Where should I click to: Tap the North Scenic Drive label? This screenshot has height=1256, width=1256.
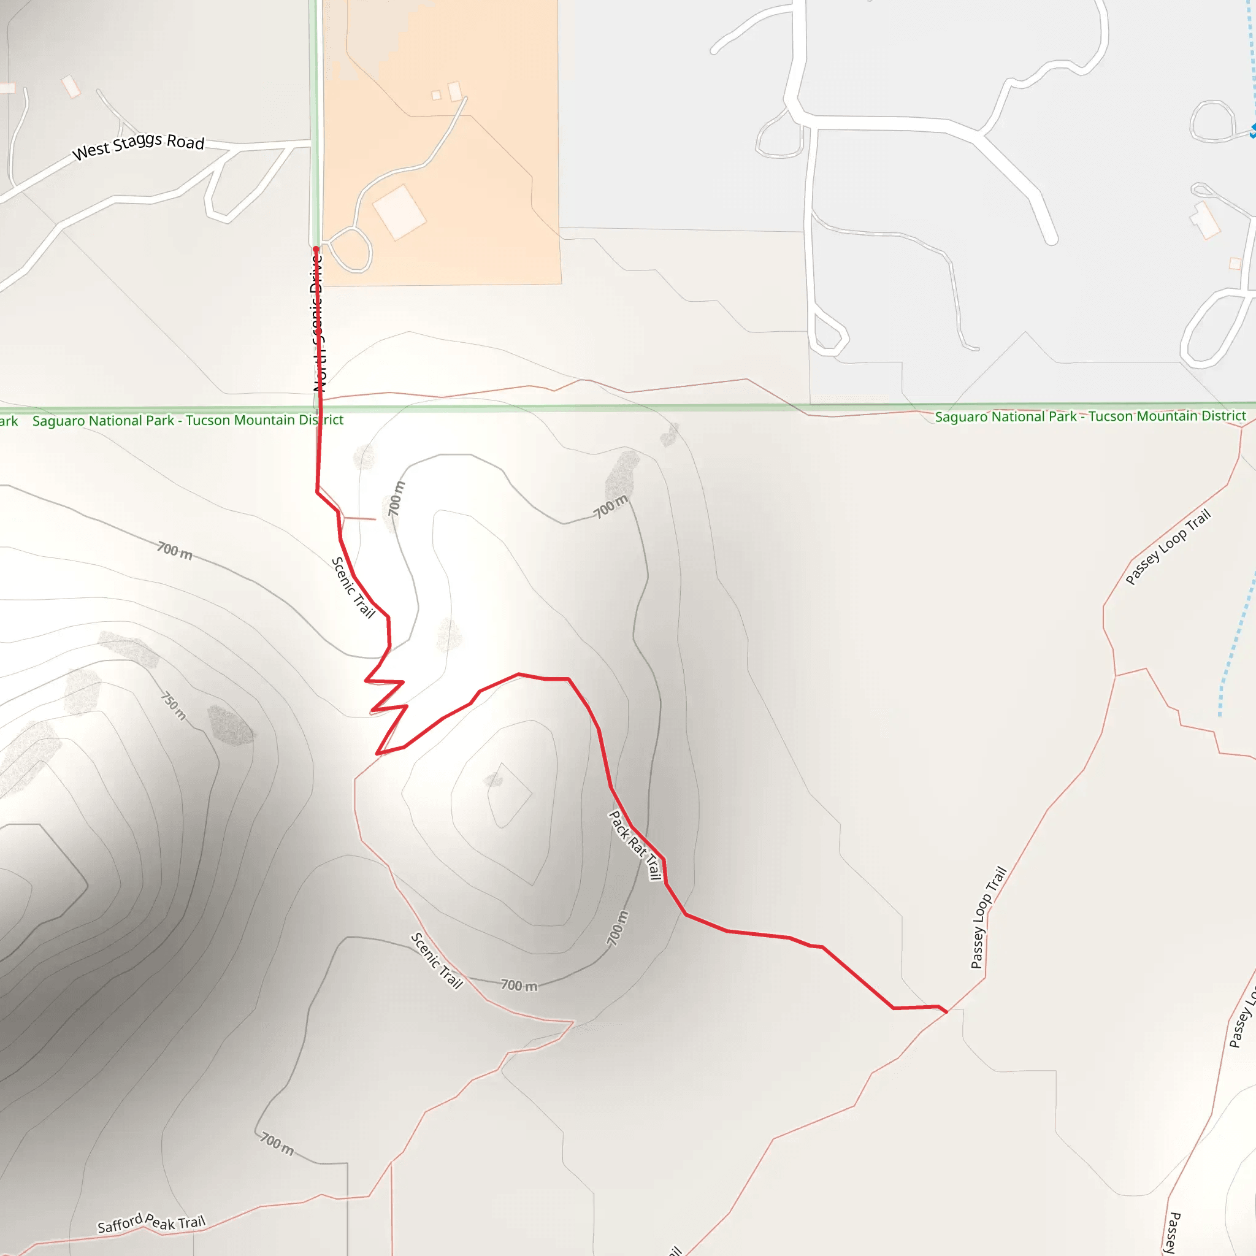click(318, 323)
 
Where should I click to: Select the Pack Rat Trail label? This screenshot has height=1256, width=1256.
click(635, 845)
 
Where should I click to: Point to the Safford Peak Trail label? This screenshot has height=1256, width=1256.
click(151, 1223)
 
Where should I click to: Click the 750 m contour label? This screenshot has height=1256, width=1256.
click(174, 706)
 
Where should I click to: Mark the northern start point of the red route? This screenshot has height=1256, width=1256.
click(316, 249)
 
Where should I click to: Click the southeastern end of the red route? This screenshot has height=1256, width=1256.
click(946, 1011)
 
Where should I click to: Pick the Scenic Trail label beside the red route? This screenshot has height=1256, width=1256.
click(354, 587)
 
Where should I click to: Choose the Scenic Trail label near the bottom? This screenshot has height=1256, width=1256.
click(437, 961)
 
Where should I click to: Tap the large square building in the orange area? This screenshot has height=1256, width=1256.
click(399, 212)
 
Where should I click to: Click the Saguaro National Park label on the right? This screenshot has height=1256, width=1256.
click(1090, 416)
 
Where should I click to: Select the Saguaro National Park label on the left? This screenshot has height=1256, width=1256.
click(188, 420)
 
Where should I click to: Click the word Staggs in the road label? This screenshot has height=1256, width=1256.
click(137, 144)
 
